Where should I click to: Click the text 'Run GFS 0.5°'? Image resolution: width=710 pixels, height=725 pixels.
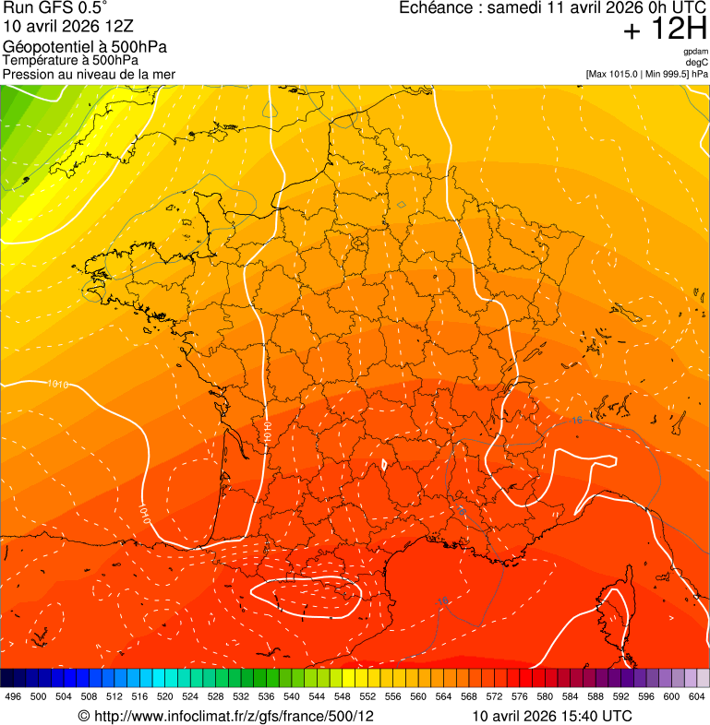(x=54, y=8)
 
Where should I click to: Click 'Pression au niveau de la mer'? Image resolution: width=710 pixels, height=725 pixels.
(x=89, y=74)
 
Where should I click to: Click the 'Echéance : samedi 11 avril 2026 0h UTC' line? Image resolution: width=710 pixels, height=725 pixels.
(x=553, y=8)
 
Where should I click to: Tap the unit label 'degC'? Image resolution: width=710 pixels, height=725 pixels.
(x=697, y=63)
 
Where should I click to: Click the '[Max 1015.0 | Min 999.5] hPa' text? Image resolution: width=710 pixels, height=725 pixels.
(x=646, y=74)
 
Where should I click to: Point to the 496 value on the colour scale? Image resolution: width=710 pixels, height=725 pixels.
(x=13, y=696)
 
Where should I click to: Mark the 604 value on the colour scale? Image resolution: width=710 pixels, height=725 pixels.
(x=697, y=696)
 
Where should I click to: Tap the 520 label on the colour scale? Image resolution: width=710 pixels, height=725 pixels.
(x=166, y=696)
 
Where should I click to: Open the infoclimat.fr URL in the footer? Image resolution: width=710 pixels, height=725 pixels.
(x=225, y=716)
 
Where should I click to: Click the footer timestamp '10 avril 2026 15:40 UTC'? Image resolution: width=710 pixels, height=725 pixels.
(x=552, y=716)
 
